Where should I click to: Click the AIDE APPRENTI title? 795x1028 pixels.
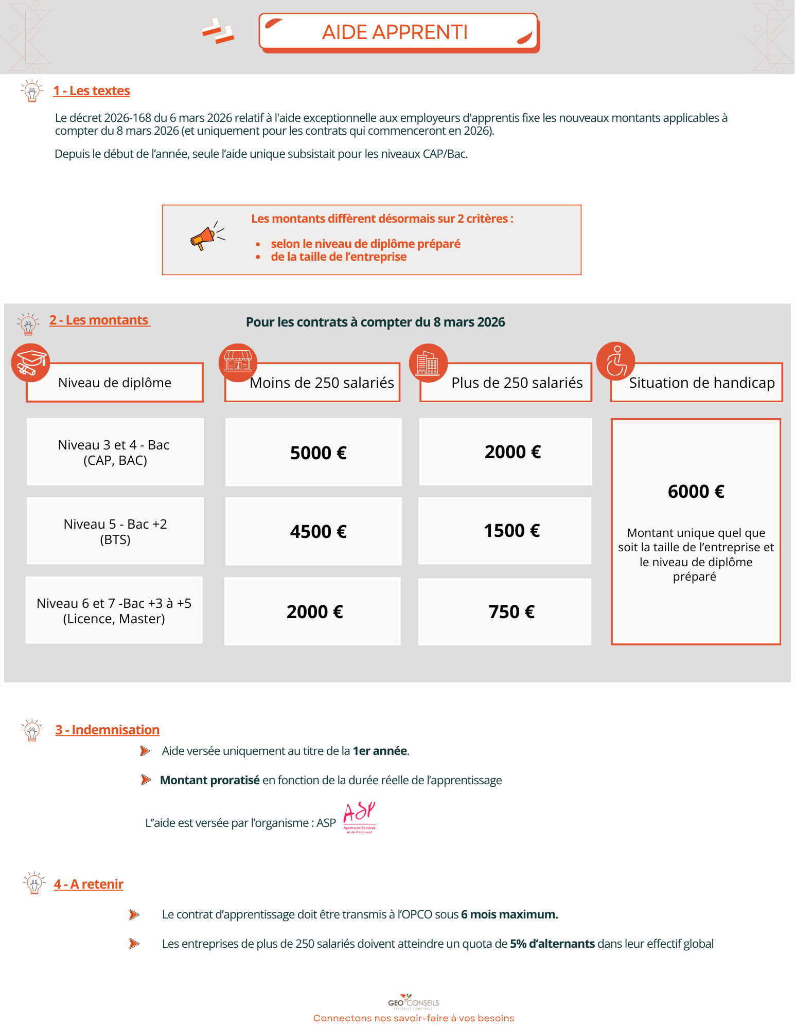pos(395,32)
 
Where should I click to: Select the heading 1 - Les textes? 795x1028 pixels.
pos(92,91)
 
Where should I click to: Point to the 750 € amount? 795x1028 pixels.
pos(511,612)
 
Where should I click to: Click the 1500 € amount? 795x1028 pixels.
pos(511,531)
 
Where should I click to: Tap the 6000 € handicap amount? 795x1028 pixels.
pos(696,492)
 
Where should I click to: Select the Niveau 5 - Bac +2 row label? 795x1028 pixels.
pos(115,531)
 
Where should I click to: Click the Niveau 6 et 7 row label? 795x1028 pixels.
pos(114,610)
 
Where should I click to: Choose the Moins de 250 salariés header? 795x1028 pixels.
pos(322,383)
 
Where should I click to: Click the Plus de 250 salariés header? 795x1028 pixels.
pos(517,383)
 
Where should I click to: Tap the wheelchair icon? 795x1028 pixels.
pos(615,361)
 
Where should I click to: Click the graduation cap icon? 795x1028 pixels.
pos(30,363)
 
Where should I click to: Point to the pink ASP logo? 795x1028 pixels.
pos(359,817)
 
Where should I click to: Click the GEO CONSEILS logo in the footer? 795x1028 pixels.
pos(414,1002)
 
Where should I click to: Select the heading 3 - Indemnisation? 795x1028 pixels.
pos(108,730)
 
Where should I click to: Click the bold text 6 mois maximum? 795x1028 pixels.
pos(509,914)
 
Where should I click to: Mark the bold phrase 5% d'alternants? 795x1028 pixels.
pos(552,944)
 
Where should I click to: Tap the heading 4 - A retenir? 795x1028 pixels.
pos(89,884)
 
